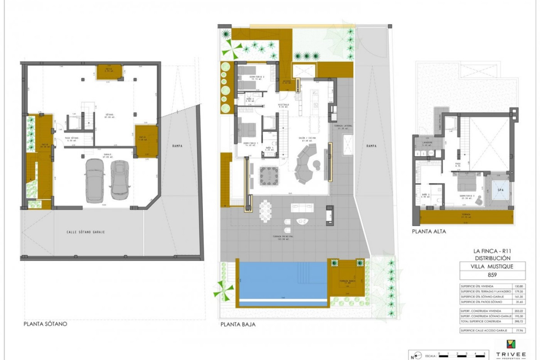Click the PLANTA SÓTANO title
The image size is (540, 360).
[45, 324]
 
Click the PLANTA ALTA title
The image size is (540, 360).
[429, 231]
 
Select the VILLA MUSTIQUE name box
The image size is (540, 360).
[486, 266]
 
